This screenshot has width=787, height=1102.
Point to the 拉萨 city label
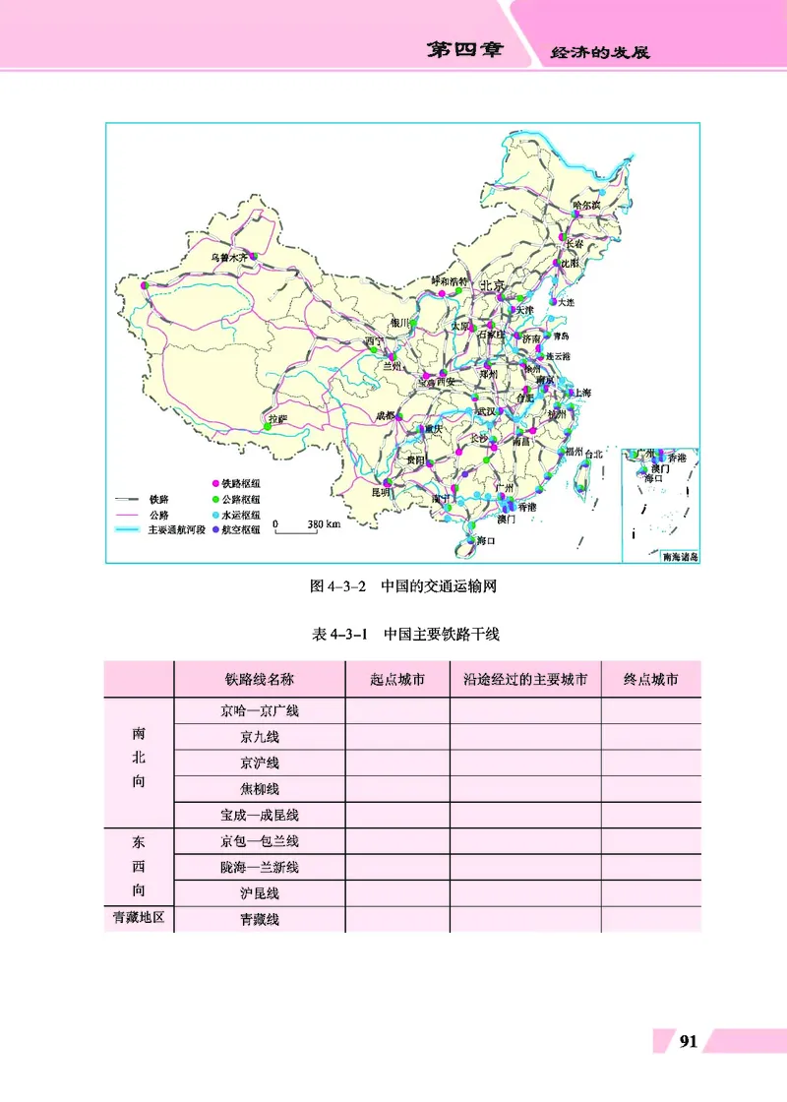pyautogui.click(x=277, y=419)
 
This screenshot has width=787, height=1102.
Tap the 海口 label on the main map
pyautogui.click(x=484, y=541)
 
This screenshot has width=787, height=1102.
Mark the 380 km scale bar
pyautogui.click(x=306, y=525)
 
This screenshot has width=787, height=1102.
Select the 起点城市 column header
pyautogui.click(x=397, y=679)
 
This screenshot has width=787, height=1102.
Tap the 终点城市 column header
pyautogui.click(x=650, y=679)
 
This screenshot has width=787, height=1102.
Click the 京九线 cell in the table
pyautogui.click(x=260, y=736)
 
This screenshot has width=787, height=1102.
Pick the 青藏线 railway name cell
pyautogui.click(x=260, y=919)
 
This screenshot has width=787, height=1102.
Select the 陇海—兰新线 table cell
pyautogui.click(x=260, y=867)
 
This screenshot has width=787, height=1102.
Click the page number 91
pyautogui.click(x=689, y=1041)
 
